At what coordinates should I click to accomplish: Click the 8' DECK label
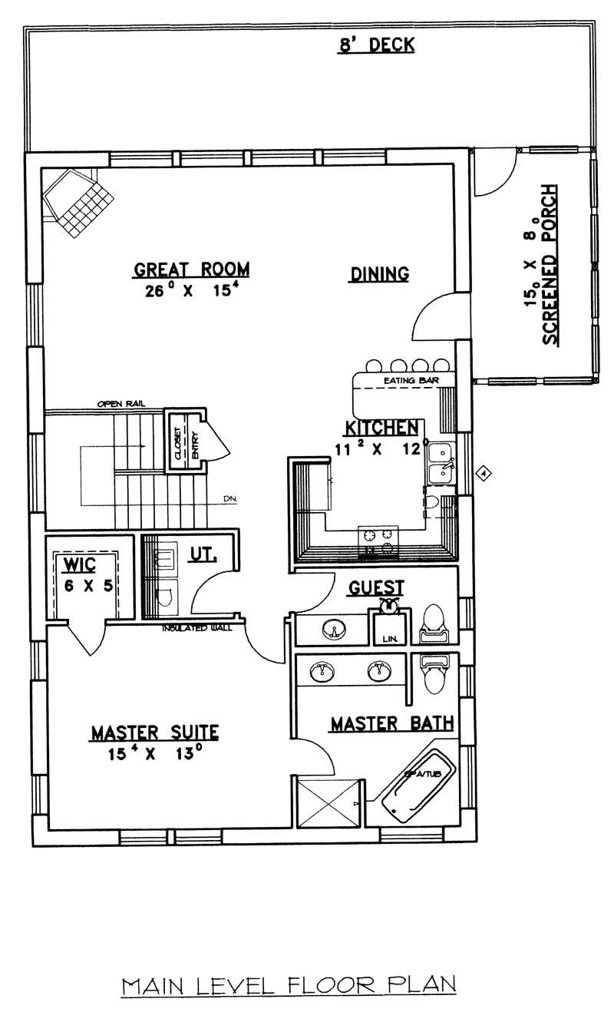[x=377, y=45]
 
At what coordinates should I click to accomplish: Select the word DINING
[x=379, y=274]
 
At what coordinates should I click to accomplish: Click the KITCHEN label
[x=381, y=428]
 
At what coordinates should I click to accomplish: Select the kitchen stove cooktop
[x=378, y=540]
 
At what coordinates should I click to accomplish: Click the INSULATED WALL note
[x=202, y=628]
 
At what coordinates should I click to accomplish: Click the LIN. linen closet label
[x=385, y=638]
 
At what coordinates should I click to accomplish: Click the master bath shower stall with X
[x=328, y=803]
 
